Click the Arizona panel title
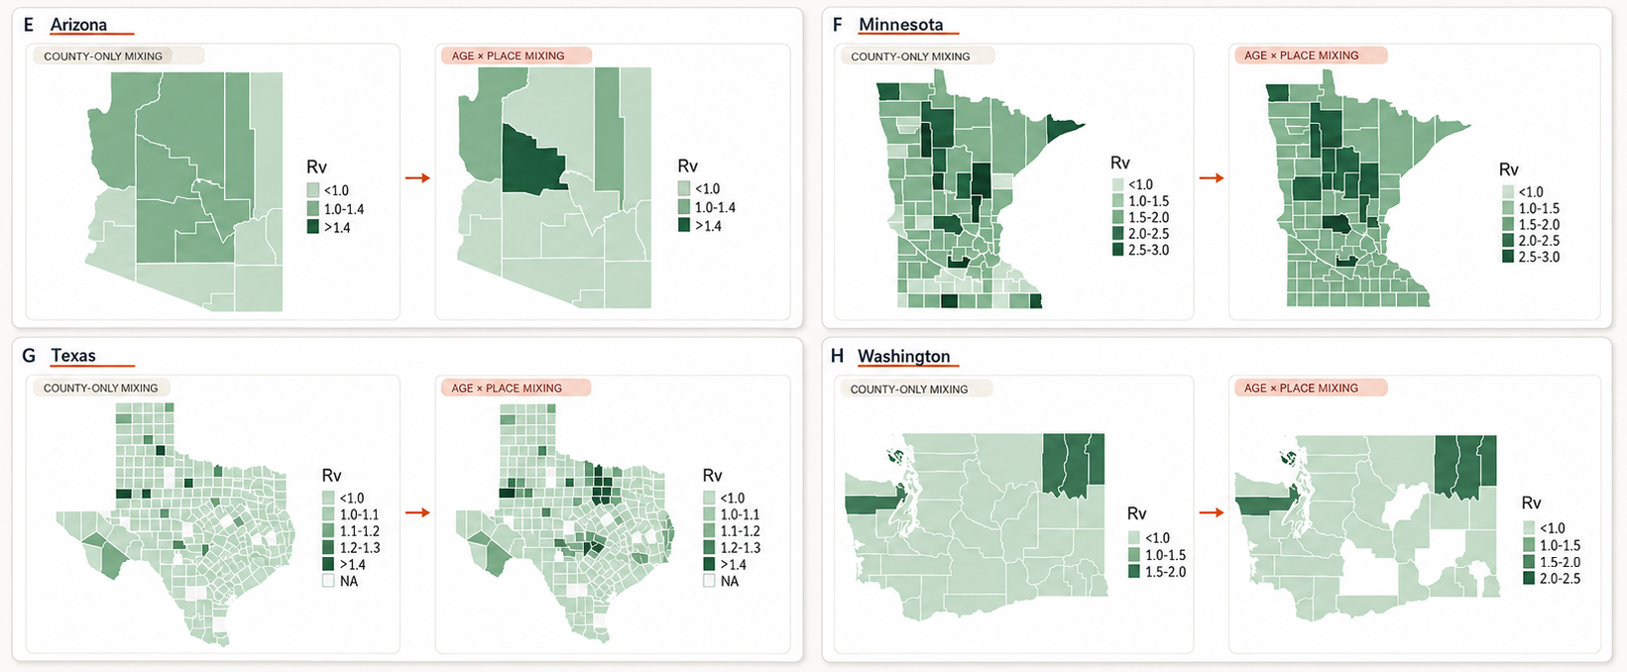78,25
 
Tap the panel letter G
29,355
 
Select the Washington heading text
903,356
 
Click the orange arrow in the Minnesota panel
1211,177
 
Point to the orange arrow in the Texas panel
417,512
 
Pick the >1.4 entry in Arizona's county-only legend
329,227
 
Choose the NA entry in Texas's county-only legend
340,581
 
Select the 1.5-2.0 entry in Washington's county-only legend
1157,572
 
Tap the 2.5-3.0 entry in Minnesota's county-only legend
1140,250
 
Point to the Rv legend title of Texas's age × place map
712,475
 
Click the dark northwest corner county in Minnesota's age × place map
1276,93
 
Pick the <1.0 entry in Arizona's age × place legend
699,189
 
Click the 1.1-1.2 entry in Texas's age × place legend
732,531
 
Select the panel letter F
838,25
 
